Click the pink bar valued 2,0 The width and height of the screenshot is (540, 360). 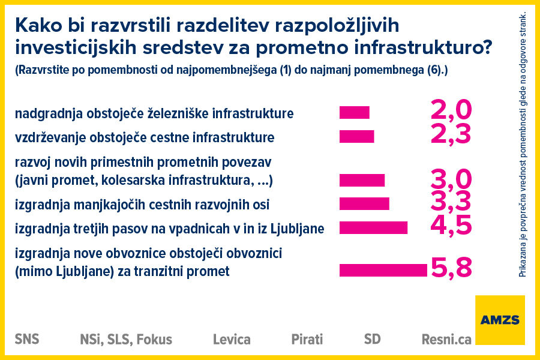point(354,113)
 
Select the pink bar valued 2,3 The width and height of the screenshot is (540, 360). point(356,137)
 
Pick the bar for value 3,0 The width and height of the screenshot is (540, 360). point(362,180)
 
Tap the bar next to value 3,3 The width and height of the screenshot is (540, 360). point(364,203)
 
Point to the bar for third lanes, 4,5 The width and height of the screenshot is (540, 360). point(373,227)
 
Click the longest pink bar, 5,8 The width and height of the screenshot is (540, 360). point(383,270)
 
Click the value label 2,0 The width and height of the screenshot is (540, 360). point(451,110)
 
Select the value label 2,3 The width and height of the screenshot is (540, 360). point(451,134)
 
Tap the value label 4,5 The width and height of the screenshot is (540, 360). point(451,224)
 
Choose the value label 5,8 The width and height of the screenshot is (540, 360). point(451,268)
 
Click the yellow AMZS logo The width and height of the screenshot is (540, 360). point(500,320)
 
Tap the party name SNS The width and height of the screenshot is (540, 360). point(27,339)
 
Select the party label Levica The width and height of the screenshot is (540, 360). point(232,340)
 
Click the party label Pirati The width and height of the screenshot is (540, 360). point(307,339)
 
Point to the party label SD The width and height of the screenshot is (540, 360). point(372,339)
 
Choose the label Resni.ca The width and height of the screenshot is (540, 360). point(446,340)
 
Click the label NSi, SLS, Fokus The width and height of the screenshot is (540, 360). point(126,340)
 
